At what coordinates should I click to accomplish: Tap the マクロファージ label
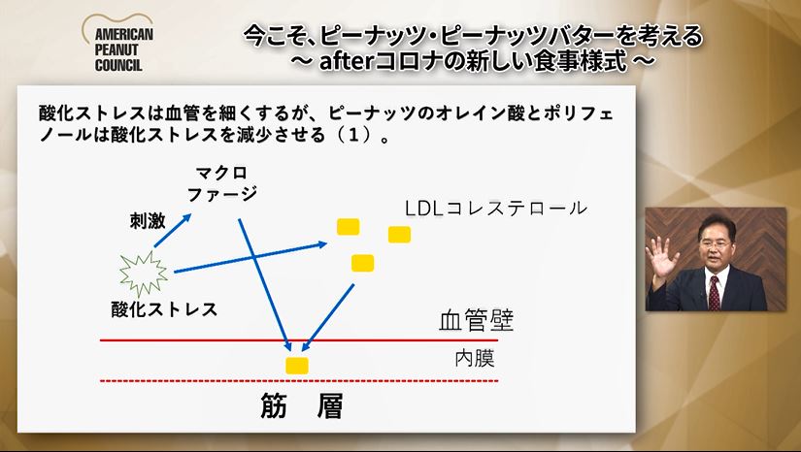222,183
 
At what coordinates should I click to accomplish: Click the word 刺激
148,221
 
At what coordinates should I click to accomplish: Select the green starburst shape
143,273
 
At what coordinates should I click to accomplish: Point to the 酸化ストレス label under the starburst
164,309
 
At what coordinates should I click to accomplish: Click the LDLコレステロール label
495,209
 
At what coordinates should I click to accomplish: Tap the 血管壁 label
476,320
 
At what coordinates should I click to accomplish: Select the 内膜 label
475,358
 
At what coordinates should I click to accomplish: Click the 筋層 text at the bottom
301,406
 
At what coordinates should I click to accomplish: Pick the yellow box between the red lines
297,366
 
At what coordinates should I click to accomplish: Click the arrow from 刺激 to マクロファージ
173,230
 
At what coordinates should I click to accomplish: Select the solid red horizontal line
299,339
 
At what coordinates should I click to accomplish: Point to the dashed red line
299,380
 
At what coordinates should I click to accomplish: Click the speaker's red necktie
715,293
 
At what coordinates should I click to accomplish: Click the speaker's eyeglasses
715,244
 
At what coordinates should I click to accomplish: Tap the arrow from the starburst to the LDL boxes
250,258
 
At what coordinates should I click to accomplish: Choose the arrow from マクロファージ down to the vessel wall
265,285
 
